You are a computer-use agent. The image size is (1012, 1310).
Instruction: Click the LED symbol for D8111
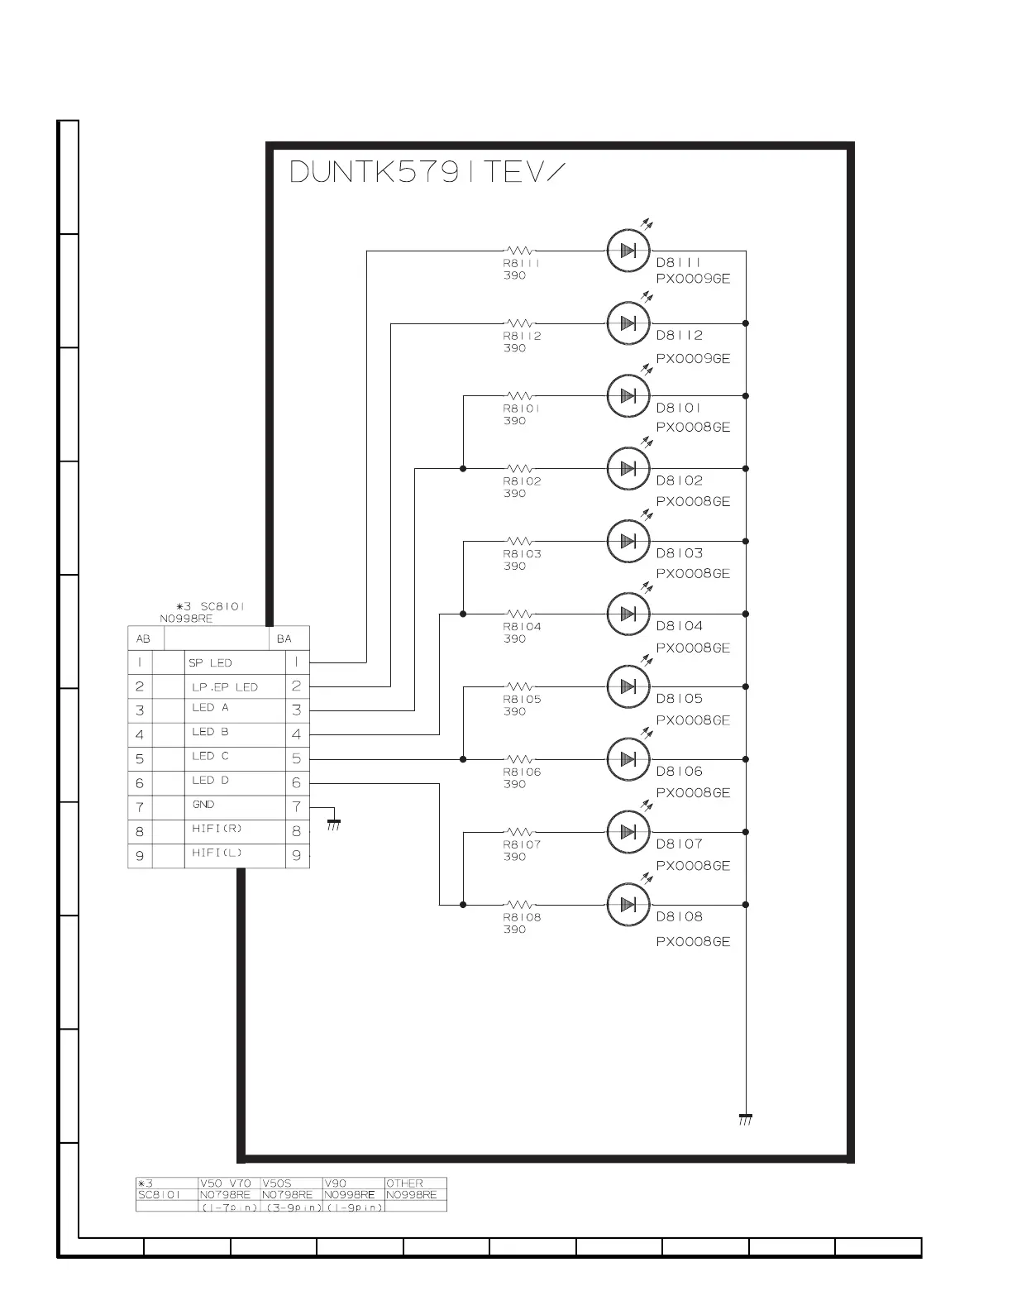point(628,251)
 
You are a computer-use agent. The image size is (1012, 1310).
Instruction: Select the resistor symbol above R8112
point(519,323)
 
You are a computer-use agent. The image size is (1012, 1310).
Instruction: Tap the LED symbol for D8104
point(628,614)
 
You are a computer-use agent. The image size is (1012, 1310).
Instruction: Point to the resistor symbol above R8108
point(519,905)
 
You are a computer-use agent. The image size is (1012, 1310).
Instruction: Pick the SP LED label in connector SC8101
point(210,662)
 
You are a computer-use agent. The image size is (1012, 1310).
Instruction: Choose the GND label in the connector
point(203,805)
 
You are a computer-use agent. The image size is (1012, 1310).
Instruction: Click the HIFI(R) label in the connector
point(217,829)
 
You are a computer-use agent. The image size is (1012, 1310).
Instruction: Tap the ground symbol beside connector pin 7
point(334,823)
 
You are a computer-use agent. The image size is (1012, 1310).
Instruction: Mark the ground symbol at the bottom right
point(745,1120)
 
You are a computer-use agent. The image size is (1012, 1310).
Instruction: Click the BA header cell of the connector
point(284,638)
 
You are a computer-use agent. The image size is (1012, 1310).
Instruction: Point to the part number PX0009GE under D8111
point(693,279)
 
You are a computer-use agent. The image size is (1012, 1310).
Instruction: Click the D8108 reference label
point(679,916)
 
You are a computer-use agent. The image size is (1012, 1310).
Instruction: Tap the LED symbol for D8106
point(628,759)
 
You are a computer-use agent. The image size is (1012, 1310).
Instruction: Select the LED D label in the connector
point(210,781)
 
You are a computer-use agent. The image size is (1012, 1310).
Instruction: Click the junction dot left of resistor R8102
point(463,469)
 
